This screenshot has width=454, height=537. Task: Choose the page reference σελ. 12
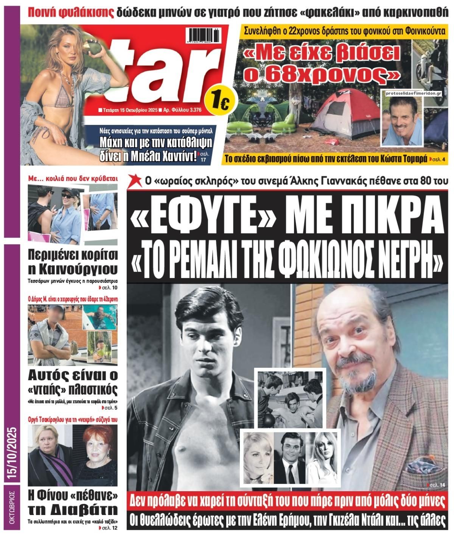[x=109, y=529]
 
